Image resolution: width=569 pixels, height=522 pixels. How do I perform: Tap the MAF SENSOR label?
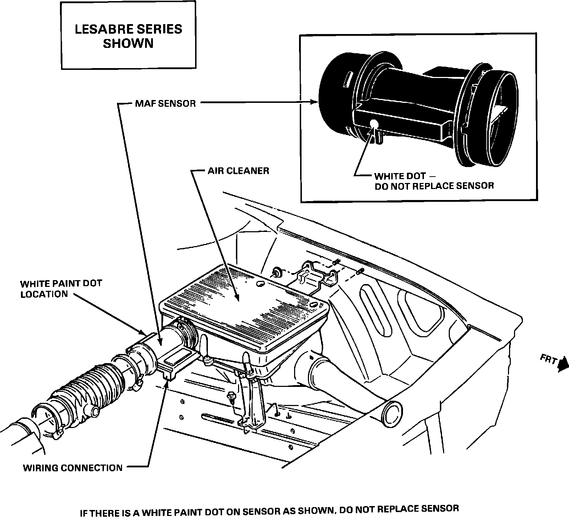[165, 104]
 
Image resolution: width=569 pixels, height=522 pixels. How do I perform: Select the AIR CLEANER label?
[238, 171]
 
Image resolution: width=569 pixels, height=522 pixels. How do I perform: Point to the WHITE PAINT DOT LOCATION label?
[61, 289]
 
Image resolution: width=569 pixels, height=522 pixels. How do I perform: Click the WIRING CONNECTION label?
[73, 468]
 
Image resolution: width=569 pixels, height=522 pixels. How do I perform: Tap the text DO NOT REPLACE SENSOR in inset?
[434, 186]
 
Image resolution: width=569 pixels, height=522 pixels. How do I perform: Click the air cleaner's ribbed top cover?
[245, 305]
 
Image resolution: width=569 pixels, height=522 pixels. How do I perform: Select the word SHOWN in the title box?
[128, 44]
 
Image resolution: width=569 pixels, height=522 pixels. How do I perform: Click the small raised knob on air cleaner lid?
[260, 284]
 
